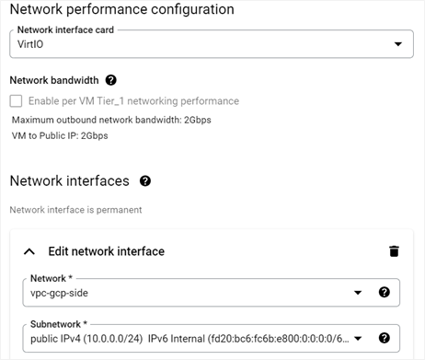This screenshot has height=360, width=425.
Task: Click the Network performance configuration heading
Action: (121, 9)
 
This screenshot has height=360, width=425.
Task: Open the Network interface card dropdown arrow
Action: (397, 43)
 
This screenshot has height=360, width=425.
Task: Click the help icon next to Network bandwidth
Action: (111, 81)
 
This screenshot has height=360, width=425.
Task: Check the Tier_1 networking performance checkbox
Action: (16, 101)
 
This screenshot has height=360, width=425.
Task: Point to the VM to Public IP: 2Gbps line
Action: (60, 136)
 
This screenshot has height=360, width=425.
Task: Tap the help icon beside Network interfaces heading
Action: (145, 181)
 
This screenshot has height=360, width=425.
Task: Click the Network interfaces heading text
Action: (69, 181)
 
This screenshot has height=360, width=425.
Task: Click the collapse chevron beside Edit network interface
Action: (29, 250)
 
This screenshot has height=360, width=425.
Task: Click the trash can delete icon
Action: (394, 250)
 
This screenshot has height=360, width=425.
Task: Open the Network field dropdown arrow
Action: (357, 293)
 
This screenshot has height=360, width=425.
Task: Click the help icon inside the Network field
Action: (385, 293)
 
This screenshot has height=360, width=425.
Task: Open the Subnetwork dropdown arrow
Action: (357, 337)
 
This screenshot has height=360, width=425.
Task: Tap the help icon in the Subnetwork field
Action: (385, 337)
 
